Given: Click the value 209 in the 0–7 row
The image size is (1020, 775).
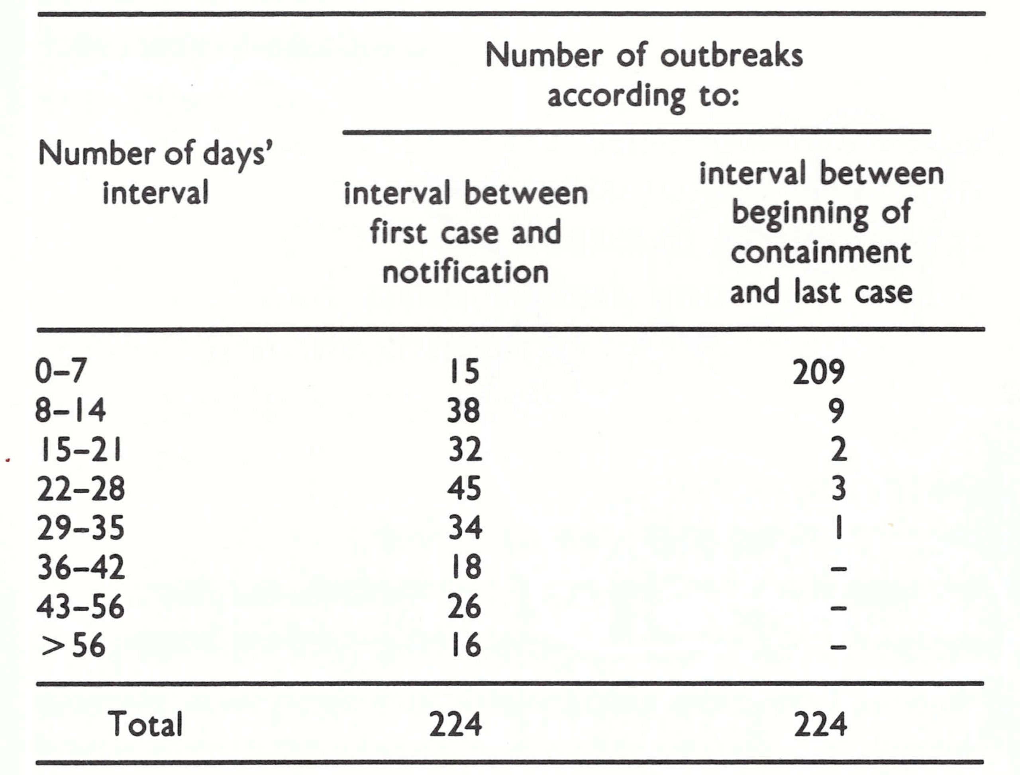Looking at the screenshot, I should point(818,372).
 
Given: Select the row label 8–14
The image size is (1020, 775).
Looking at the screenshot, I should point(71,410).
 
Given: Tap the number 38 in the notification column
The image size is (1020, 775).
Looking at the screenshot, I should point(464,410).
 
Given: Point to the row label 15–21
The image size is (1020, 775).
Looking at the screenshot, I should point(80,449).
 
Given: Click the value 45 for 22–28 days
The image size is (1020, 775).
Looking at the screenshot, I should point(464,489).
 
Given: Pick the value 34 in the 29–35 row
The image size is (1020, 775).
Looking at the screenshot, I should point(465,528).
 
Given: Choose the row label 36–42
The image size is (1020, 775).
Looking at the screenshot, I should point(81,567).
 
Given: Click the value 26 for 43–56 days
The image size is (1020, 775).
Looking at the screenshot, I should point(464,606).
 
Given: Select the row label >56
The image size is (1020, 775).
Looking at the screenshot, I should point(73,646).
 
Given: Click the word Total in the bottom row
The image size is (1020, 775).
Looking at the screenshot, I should point(145,724).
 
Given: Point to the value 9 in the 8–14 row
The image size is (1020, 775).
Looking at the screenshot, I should point(836,410).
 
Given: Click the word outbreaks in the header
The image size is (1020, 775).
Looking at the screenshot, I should point(731,56).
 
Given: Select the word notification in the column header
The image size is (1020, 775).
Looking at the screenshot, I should point(465,272).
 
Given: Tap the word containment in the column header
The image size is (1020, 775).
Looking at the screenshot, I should point(821,252).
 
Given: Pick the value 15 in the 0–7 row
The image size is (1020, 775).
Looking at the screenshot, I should point(465,372).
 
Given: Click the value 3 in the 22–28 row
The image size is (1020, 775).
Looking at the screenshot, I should point(838,489).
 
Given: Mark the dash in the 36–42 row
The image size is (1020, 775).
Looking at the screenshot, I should point(838,569).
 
